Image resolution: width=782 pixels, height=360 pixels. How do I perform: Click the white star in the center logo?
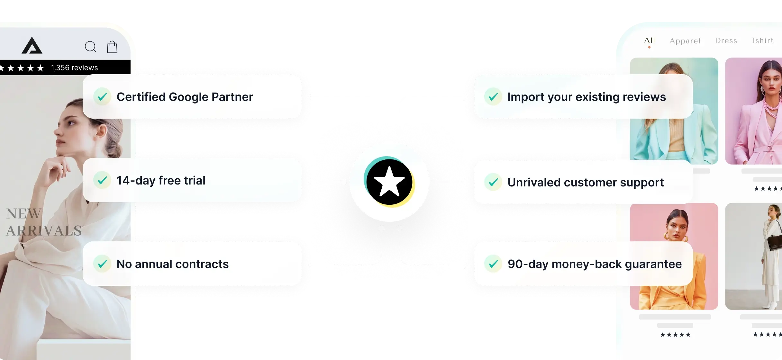(389, 182)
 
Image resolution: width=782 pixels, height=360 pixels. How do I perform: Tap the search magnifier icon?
(90, 47)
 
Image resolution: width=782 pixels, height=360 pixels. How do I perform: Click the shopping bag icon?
(112, 47)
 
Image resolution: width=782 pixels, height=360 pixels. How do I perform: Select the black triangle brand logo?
(32, 46)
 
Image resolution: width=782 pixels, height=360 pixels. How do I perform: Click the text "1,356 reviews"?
(74, 68)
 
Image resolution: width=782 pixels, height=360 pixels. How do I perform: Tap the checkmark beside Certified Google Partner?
(102, 97)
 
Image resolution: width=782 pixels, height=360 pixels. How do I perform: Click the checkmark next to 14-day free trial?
(102, 180)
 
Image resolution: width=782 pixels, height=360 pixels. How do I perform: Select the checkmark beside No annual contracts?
(102, 264)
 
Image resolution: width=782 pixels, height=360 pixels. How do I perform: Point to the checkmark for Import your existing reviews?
(493, 97)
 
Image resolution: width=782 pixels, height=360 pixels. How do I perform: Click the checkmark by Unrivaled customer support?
(493, 182)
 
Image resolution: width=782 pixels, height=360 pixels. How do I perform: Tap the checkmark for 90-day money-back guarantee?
(493, 264)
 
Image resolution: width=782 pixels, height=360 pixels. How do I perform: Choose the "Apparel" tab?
(685, 41)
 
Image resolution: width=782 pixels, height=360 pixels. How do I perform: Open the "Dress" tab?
(726, 40)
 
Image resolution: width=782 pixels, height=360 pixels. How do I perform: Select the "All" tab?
(650, 40)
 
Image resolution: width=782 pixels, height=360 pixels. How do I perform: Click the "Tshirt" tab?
(762, 40)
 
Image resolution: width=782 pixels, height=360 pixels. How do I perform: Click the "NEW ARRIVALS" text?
(44, 222)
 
